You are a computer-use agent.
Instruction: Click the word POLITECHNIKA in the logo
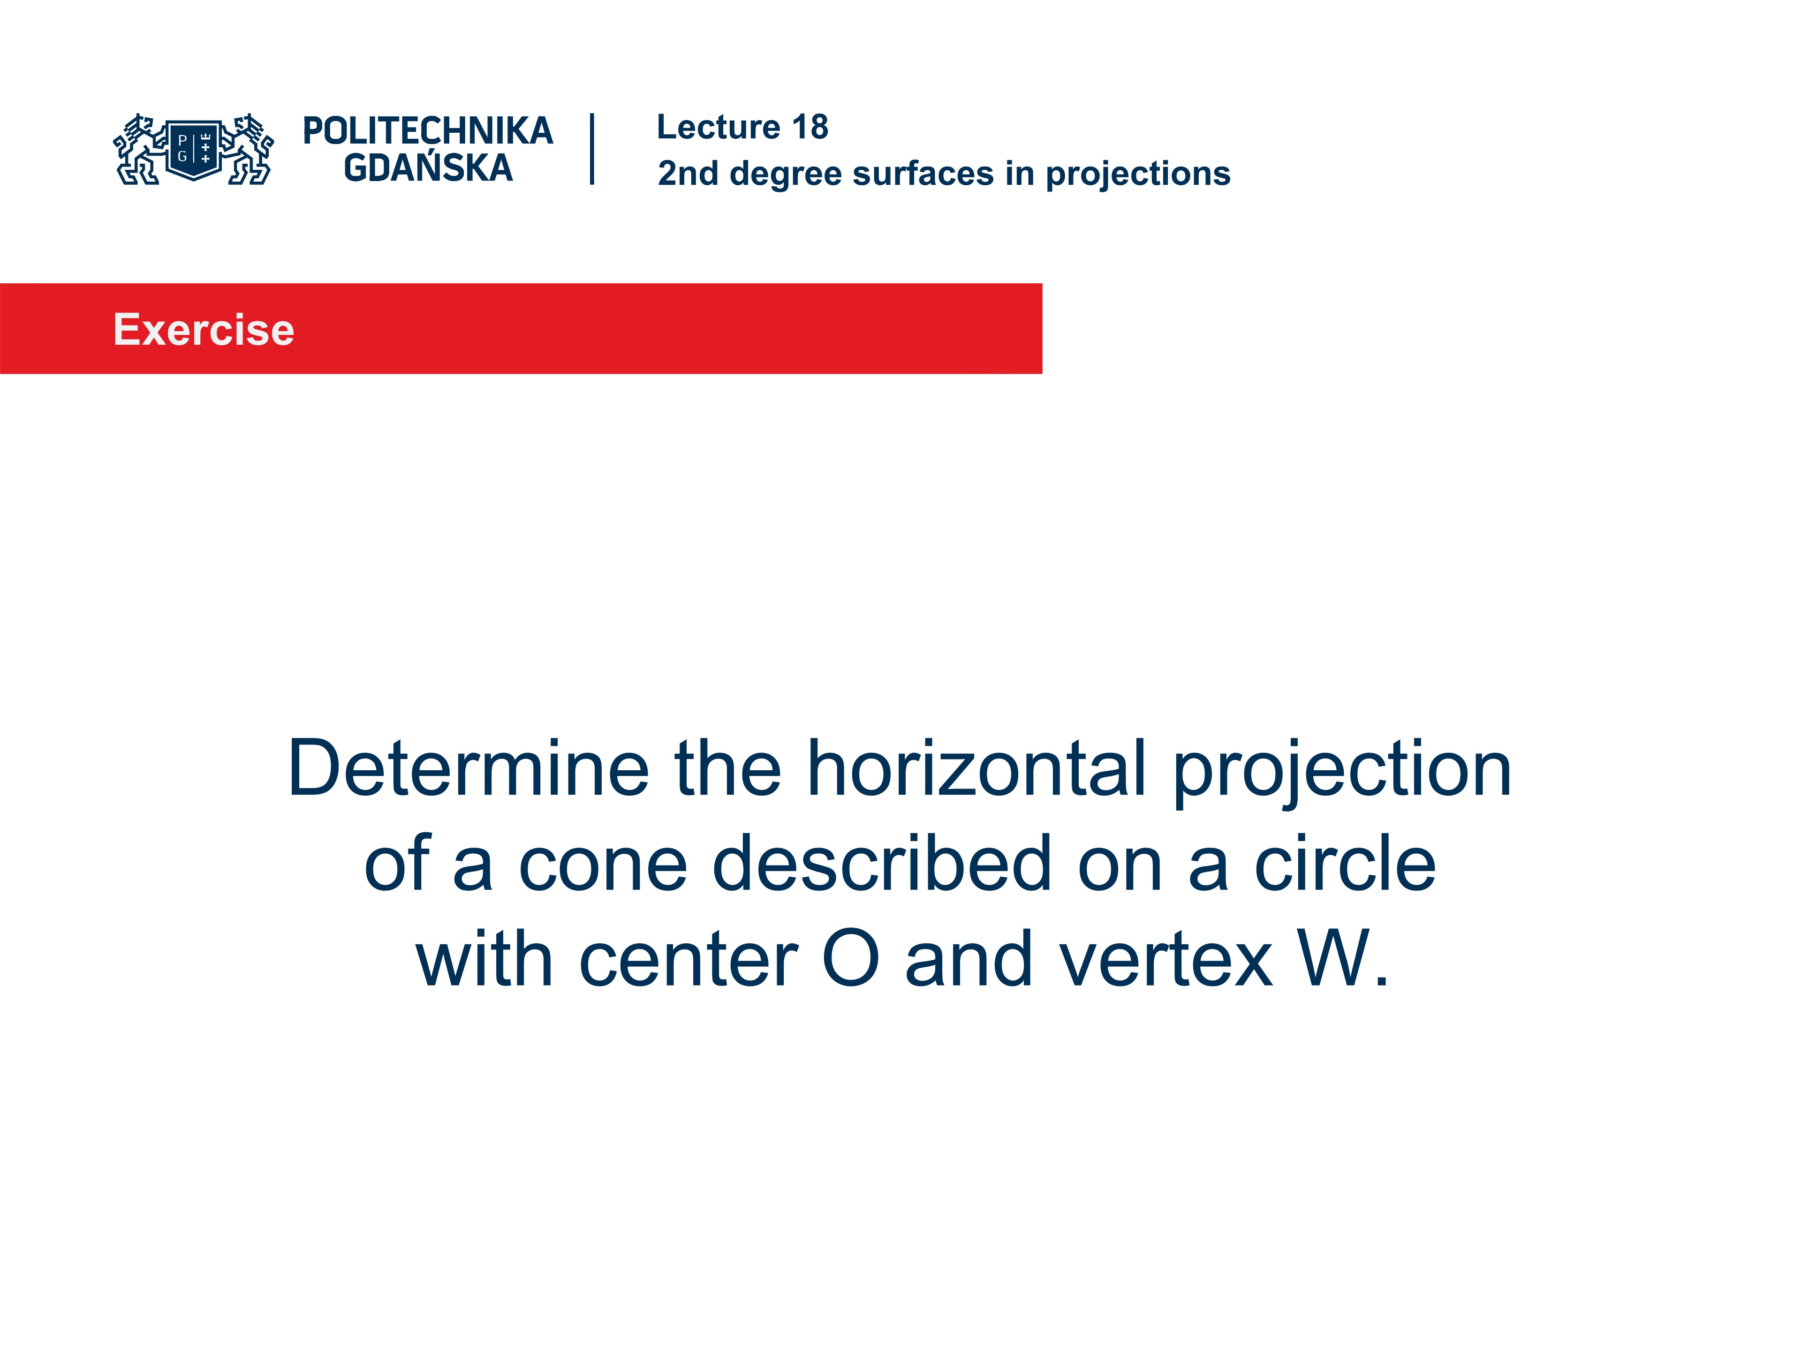(x=427, y=131)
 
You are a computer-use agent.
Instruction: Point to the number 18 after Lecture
(x=810, y=127)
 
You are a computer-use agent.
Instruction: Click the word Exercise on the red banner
(x=204, y=330)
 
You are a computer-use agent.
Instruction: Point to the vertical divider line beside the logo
(x=592, y=149)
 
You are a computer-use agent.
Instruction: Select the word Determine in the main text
(x=468, y=769)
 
